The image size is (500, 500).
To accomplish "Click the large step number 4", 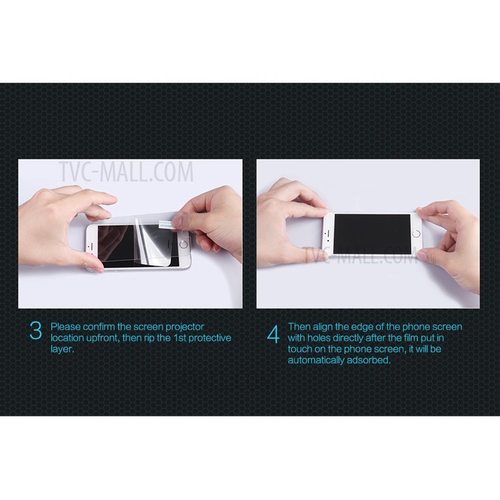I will click(273, 334).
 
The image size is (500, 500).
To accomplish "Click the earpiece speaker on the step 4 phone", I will click(326, 233).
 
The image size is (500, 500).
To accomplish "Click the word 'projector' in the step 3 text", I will click(184, 327).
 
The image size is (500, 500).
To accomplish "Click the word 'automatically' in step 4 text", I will click(316, 360).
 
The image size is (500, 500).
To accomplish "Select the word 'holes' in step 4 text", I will click(320, 338).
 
